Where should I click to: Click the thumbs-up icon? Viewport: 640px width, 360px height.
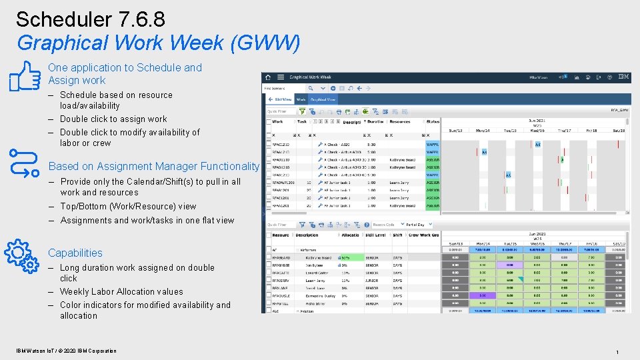[26, 75]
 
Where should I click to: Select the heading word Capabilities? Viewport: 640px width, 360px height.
[75, 253]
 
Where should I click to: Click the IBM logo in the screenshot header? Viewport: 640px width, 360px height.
[623, 77]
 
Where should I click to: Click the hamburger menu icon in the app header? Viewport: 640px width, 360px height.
[281, 77]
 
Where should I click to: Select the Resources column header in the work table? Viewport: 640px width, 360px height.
[400, 122]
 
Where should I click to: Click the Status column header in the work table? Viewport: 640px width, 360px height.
[433, 122]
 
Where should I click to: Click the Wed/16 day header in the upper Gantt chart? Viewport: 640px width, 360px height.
[537, 130]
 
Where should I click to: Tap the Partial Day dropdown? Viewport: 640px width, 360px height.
[418, 225]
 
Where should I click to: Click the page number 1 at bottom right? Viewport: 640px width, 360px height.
[617, 351]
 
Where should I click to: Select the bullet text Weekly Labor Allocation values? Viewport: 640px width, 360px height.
[121, 291]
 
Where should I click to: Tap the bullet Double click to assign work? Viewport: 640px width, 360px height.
[113, 119]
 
